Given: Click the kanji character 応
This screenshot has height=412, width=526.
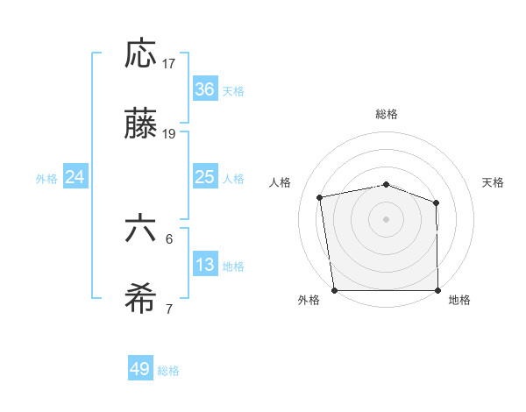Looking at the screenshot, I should pos(140,53).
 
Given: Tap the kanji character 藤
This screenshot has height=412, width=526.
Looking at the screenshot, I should pos(140,125).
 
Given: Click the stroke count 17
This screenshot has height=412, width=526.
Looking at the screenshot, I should pos(169,64).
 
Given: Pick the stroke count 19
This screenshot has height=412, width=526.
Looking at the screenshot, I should pos(169,134).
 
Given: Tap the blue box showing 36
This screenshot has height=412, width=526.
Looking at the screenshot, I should pos(205,89).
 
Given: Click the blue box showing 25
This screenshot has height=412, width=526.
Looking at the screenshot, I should pos(205,177).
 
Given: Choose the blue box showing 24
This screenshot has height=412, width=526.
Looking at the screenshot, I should pos(75,177).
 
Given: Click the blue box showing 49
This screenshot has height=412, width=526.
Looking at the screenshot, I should pos(140,369).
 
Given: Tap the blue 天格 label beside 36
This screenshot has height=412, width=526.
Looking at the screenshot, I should pos(233,90).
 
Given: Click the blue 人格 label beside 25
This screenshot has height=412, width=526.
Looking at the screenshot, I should pos(233,178).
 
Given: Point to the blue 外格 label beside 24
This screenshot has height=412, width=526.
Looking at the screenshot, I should pos(46,178).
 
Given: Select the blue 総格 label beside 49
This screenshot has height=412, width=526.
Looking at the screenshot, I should pos(168,371).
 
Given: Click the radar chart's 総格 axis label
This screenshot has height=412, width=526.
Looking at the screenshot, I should pos(387,114).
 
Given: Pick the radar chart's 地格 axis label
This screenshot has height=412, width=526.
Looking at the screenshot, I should pos(459,300).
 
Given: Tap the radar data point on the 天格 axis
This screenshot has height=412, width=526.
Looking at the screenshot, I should pos(436,203).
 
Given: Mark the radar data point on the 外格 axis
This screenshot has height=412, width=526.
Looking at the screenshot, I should pos(334,290).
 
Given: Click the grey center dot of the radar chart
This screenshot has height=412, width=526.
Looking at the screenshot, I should pos(387,218).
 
